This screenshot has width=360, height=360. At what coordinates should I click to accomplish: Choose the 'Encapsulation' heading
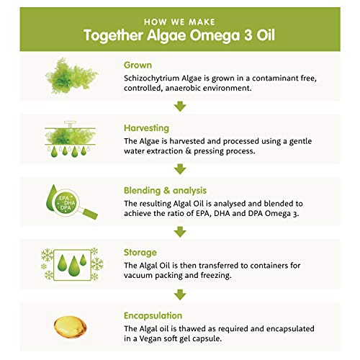pos(161,315)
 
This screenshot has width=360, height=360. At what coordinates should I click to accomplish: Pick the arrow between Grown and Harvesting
pos(180,106)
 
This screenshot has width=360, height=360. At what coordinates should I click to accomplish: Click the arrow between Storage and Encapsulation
pos(180,294)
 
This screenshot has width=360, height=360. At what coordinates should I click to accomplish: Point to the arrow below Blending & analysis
pos(180,231)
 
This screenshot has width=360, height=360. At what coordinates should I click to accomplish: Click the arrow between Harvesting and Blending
pos(180,168)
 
